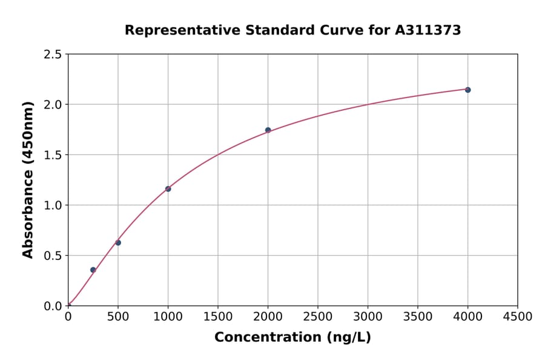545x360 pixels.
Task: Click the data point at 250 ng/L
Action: [93, 270]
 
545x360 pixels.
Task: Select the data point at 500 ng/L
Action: [118, 242]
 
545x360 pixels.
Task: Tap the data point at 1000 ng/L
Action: [168, 189]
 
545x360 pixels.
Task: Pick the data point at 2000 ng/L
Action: [268, 130]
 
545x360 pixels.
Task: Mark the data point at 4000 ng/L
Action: [467, 90]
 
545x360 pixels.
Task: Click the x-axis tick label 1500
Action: [218, 317]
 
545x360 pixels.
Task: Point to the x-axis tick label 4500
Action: [517, 317]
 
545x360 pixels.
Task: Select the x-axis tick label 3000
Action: [368, 317]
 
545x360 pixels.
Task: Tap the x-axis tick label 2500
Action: [317, 317]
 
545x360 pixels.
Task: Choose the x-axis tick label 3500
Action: [417, 317]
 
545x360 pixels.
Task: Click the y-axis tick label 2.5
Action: [53, 55]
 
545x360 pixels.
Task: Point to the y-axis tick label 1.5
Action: [53, 155]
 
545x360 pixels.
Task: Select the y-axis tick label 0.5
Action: [53, 256]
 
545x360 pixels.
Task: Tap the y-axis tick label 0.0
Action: [53, 306]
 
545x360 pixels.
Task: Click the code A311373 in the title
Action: [428, 30]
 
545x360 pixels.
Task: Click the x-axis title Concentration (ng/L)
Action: [292, 338]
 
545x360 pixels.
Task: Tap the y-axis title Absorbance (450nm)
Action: [28, 180]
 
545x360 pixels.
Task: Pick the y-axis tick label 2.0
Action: [53, 105]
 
